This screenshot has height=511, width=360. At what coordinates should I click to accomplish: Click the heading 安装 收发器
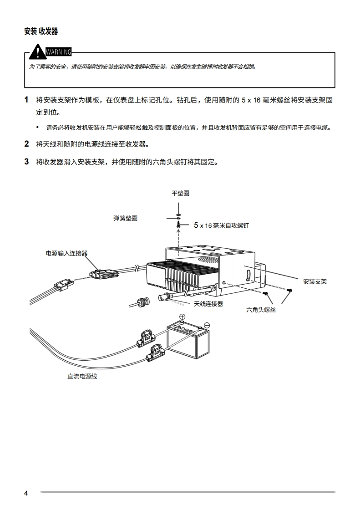pos(41,31)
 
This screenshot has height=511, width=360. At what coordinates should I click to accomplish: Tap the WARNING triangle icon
pos(36,52)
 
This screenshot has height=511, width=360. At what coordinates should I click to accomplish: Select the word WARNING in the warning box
pos(58,51)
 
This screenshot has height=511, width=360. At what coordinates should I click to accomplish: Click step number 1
pos(26,100)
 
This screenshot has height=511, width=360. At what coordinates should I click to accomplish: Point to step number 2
pos(26,144)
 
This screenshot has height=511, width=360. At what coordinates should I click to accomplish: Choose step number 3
pos(26,161)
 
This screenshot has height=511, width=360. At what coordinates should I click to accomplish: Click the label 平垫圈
pos(180,193)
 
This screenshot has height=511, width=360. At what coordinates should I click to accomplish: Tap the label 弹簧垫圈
pos(125,218)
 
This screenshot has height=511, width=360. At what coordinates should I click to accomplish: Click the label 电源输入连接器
pos(66,253)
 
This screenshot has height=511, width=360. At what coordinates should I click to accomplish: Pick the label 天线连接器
pos(208,304)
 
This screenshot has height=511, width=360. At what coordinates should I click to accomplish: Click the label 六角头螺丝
pos(261,310)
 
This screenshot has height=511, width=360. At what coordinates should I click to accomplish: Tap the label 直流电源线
pos(82,376)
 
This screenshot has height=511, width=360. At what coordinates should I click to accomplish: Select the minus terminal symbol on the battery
pos(207,325)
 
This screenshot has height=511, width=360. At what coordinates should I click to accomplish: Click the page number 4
pos(26,493)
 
